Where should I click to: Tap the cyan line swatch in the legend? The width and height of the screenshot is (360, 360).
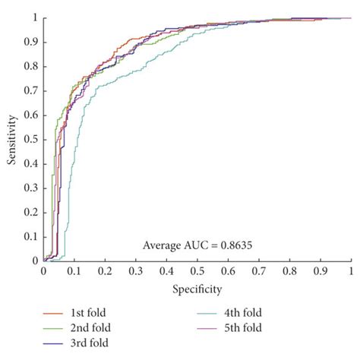[x=219, y=312]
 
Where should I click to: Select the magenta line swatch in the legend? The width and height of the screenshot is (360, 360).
[x=219, y=328]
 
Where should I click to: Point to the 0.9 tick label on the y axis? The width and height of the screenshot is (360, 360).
[x=30, y=42]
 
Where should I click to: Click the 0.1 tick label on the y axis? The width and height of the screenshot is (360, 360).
[x=30, y=236]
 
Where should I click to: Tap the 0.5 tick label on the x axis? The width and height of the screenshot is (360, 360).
[x=197, y=270]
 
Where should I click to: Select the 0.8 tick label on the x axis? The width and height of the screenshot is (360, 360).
[x=289, y=270]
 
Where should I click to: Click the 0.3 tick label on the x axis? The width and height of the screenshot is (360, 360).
[x=135, y=270]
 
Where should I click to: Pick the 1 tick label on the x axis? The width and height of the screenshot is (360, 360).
[x=351, y=270]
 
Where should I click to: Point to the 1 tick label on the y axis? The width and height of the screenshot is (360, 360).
[x=34, y=17]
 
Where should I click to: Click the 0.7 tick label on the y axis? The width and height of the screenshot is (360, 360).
[x=30, y=90]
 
